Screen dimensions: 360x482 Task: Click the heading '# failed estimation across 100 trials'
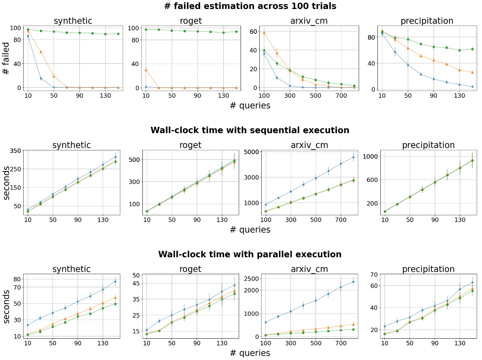click(250, 6)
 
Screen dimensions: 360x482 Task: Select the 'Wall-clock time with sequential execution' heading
click(250, 130)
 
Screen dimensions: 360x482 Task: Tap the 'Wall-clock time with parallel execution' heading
click(250, 255)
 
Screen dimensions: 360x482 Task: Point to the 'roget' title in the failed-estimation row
click(191, 21)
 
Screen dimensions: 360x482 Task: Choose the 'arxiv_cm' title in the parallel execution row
click(309, 269)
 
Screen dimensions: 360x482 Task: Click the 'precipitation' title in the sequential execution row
click(428, 145)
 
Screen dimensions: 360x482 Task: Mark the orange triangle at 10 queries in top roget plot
click(146, 70)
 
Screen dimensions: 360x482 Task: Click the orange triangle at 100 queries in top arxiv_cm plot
click(264, 33)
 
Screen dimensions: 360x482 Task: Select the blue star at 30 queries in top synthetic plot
click(41, 79)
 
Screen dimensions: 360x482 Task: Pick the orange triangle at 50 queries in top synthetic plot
click(54, 76)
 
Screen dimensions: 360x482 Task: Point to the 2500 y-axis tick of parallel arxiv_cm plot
click(251, 279)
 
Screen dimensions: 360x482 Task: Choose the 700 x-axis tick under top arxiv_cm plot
click(341, 96)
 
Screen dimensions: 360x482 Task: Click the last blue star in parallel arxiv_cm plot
click(353, 282)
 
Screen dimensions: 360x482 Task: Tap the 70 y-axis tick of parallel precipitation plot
click(373, 275)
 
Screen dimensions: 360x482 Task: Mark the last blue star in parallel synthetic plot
click(115, 282)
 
